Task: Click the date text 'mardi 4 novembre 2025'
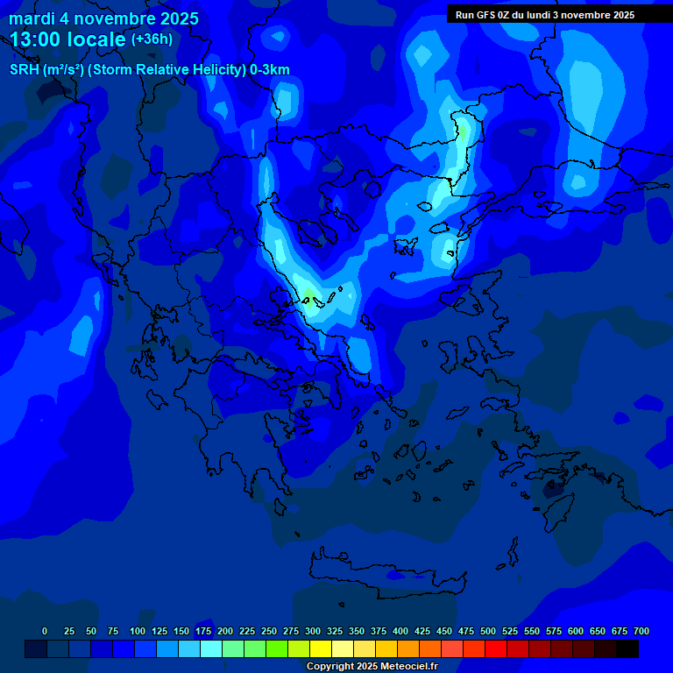click(103, 18)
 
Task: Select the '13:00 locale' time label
click(68, 39)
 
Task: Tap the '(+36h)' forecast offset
click(152, 39)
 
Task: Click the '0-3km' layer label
click(269, 70)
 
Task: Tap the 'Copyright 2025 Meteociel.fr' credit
click(371, 666)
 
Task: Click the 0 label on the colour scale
click(45, 631)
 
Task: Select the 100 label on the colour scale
click(138, 631)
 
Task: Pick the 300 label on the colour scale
click(313, 631)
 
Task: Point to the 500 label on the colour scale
click(488, 631)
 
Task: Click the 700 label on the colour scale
click(641, 631)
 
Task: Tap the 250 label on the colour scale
click(269, 631)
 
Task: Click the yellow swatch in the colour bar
click(321, 649)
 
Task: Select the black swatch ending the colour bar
click(627, 649)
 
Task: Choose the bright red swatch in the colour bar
click(496, 649)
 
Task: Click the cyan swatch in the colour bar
click(211, 649)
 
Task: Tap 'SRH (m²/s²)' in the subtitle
click(46, 70)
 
